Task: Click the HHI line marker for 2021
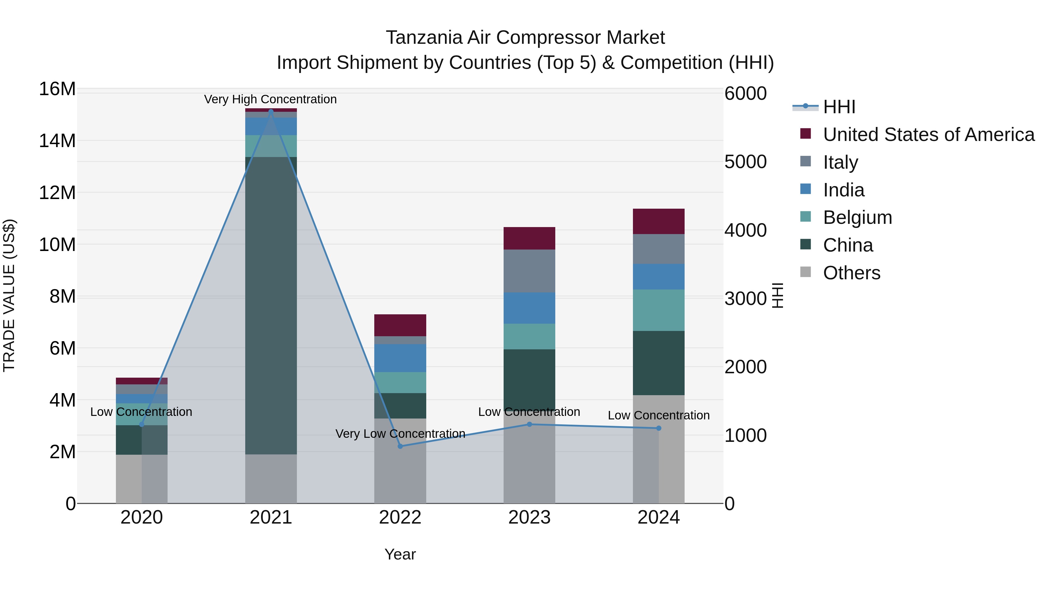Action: point(271,111)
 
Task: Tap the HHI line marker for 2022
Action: point(400,446)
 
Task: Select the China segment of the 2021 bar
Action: point(271,306)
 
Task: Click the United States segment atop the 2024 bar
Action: point(659,222)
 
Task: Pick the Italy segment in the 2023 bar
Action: point(529,271)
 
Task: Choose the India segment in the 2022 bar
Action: point(400,358)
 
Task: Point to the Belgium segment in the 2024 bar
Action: point(659,310)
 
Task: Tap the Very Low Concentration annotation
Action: point(400,434)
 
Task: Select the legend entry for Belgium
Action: point(857,217)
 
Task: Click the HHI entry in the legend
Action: point(839,107)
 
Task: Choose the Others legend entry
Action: point(852,273)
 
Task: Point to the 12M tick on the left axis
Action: point(58,193)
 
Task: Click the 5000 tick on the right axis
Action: point(745,162)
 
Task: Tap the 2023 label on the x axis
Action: point(529,517)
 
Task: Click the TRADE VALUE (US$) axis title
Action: point(9,296)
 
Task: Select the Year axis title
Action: point(400,554)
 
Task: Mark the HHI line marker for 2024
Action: point(659,428)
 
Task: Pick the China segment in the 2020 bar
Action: point(142,440)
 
